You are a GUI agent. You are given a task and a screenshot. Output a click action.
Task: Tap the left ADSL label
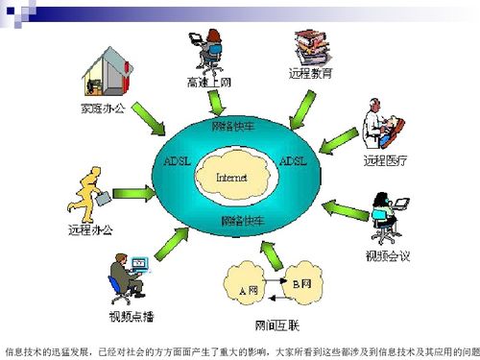[x=180, y=160]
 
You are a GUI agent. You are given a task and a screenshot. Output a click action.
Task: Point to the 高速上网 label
[x=209, y=84]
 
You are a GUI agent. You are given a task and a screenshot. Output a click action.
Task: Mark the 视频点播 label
[x=128, y=315]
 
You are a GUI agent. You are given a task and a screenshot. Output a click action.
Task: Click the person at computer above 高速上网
[x=208, y=50]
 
